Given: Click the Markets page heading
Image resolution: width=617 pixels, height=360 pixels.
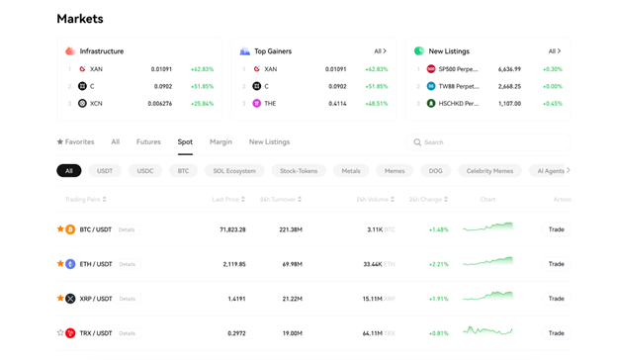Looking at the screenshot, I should tap(80, 19).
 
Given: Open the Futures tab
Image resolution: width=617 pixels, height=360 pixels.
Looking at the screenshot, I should tap(148, 142).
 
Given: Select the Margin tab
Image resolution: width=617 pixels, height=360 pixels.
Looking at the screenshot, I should tap(220, 142).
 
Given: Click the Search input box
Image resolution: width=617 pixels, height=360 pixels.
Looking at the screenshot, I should tap(489, 142).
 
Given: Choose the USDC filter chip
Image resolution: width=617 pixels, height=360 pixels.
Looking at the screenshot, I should tap(145, 171).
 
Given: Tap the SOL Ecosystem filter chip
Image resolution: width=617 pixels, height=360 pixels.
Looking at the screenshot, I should tap(234, 171).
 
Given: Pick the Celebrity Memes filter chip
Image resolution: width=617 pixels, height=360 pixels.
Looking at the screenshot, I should tap(489, 171).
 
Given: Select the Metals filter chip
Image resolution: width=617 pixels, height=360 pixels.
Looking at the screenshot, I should tap(351, 171).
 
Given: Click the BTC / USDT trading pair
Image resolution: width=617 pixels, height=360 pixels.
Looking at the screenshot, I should tap(96, 229).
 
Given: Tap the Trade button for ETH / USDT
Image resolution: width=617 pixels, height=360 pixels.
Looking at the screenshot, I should tap(557, 264).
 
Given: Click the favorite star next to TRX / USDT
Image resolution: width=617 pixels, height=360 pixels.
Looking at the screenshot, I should tap(60, 333).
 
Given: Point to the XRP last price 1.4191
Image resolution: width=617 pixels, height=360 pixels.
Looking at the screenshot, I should tap(236, 299).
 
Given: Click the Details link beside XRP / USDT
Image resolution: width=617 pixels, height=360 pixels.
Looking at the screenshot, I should tap(128, 299).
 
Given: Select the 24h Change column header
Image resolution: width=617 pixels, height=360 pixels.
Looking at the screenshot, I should tap(427, 200).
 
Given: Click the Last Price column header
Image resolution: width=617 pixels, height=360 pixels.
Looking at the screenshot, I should tap(228, 200).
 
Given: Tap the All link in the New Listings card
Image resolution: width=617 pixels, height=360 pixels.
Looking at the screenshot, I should tap(554, 51).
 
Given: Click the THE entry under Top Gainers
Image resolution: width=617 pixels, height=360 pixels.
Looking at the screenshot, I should tap(270, 103).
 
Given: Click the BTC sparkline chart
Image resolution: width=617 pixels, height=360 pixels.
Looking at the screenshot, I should tap(487, 228).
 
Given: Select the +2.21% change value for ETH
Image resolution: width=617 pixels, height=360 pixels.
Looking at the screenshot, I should tap(439, 264).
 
